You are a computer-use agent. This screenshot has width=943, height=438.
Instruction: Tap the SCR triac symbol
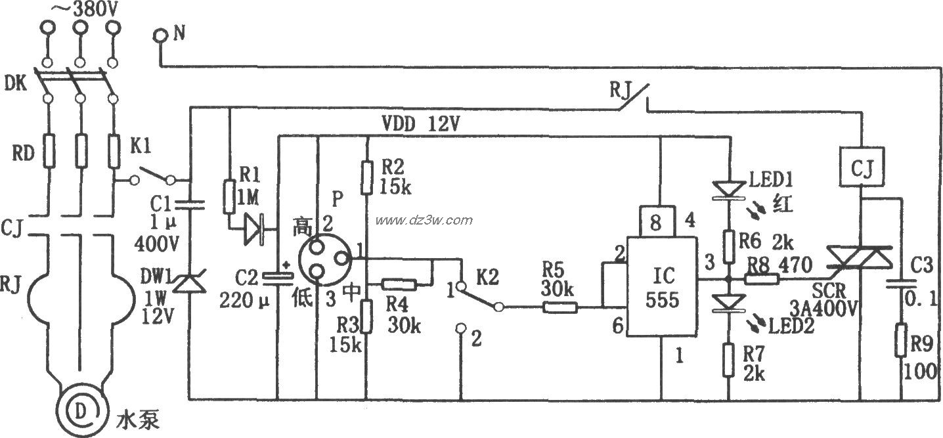[x=859, y=257]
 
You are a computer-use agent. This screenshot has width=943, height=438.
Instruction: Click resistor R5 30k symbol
[x=558, y=307]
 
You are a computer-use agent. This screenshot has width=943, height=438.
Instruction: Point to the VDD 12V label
[x=420, y=123]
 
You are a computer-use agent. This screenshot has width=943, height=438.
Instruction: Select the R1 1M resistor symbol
[x=229, y=198]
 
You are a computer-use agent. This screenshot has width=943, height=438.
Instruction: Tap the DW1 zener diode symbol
[x=189, y=284]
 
